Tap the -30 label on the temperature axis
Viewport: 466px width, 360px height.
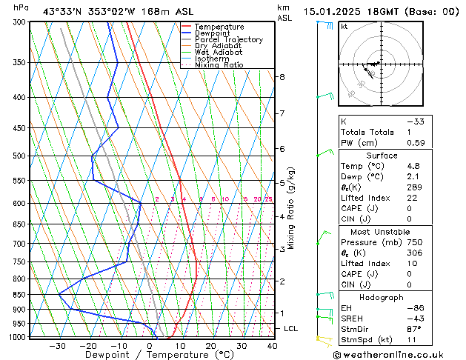(57, 346)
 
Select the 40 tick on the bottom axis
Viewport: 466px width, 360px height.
(273, 346)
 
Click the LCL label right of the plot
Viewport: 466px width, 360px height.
(291, 328)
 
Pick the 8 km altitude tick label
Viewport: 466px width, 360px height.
(282, 77)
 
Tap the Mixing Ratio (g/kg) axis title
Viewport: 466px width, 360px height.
(292, 207)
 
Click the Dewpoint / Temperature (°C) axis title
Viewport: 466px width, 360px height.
(149, 355)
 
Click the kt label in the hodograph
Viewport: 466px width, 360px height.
(344, 27)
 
